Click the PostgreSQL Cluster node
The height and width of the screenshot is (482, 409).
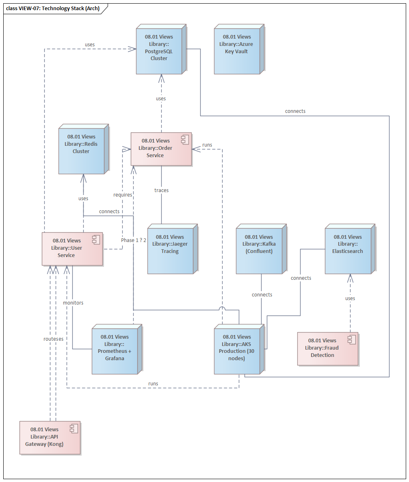(159, 51)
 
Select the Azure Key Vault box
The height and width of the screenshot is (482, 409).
(236, 51)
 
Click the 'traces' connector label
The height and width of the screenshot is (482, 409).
(161, 190)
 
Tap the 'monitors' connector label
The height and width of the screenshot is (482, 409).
(73, 303)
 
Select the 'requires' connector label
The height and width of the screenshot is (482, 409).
(123, 195)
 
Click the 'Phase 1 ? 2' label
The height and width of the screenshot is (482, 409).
(133, 240)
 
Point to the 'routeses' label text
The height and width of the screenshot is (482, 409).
(53, 338)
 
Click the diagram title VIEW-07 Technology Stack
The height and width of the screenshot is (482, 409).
(53, 8)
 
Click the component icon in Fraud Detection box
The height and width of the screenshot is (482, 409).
(351, 339)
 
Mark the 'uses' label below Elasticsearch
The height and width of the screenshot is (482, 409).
(350, 298)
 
